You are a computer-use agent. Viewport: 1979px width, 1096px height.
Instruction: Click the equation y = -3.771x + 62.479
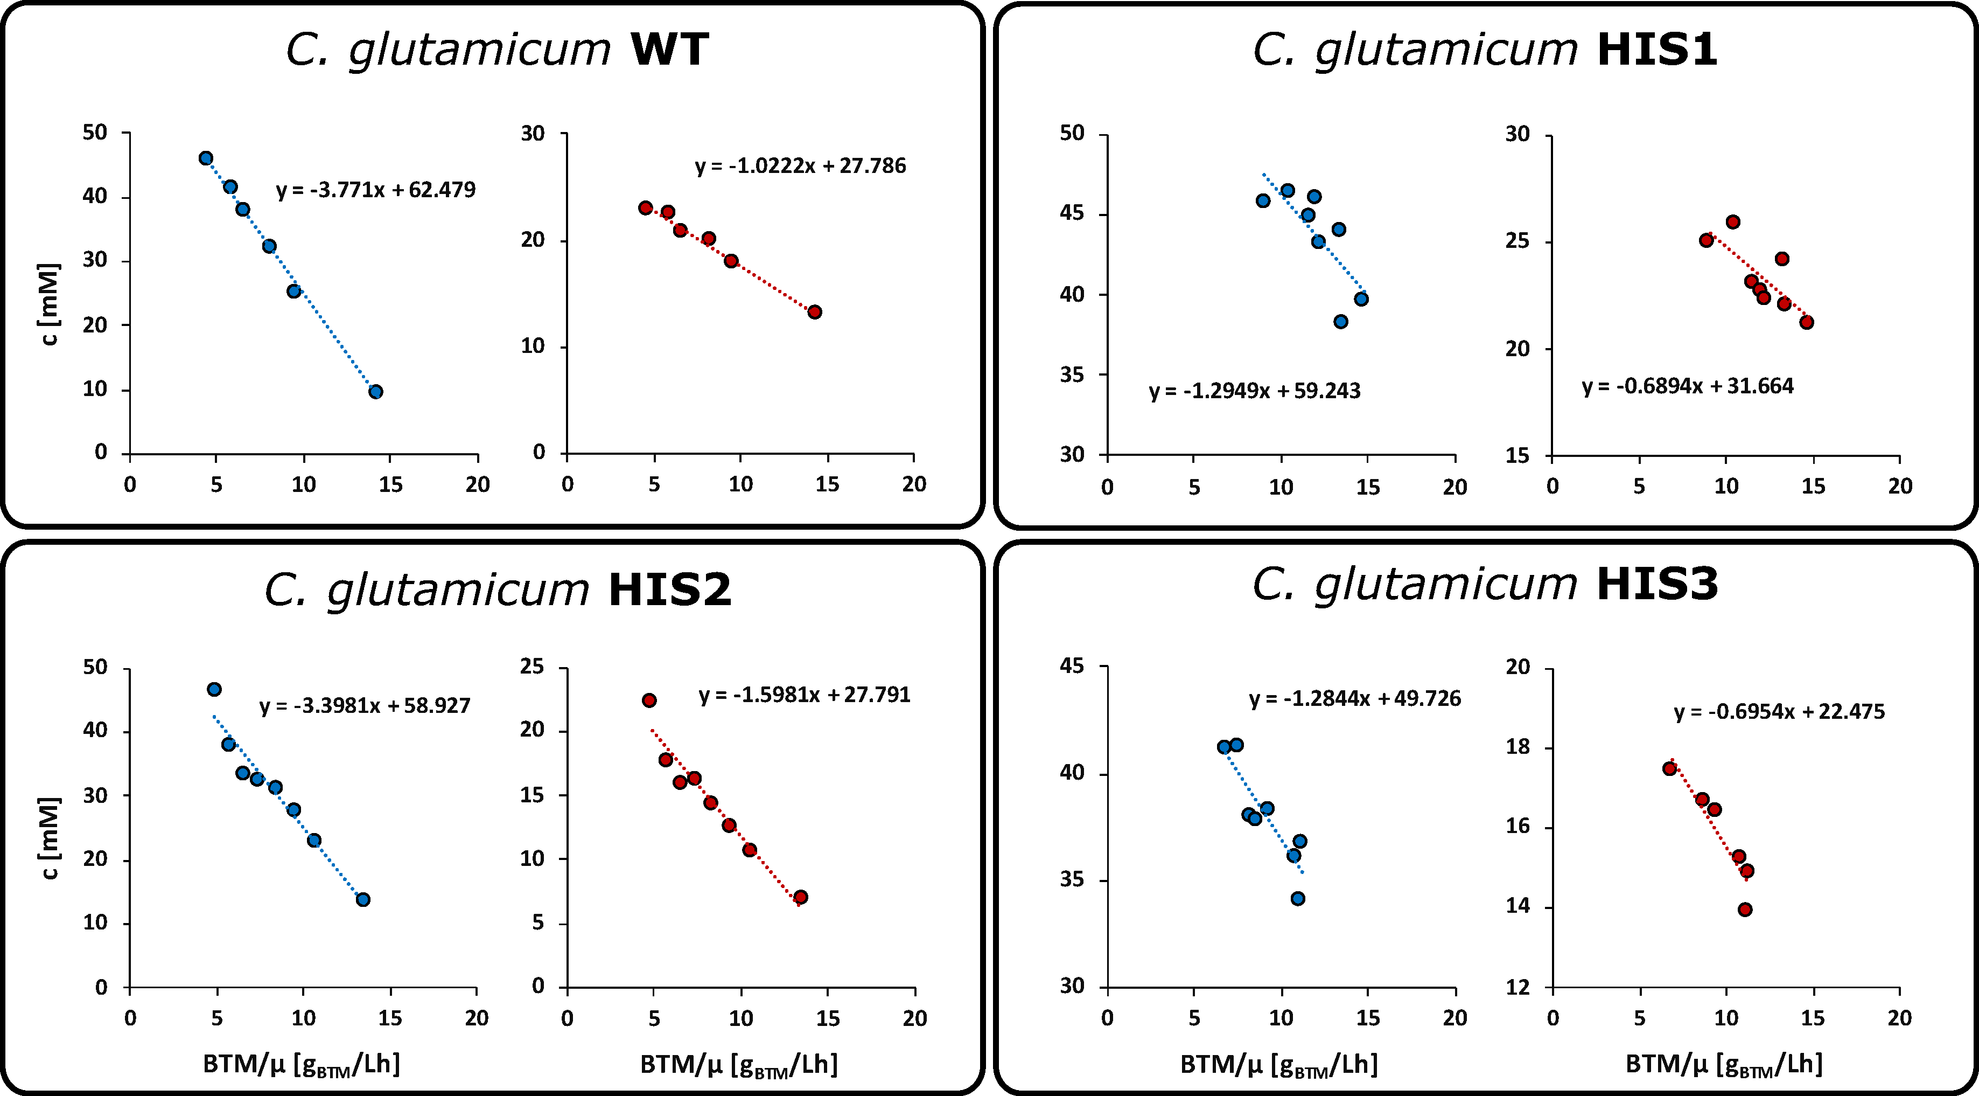376,190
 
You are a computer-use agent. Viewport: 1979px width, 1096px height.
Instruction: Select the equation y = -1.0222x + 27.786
801,166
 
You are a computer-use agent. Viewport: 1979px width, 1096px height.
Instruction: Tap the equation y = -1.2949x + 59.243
1255,391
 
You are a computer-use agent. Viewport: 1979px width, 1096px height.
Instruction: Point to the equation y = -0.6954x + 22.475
1779,712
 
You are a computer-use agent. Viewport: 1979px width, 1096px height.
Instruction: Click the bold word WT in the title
668,50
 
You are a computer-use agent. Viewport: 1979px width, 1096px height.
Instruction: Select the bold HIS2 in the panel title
670,590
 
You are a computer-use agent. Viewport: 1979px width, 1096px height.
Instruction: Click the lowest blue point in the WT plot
376,392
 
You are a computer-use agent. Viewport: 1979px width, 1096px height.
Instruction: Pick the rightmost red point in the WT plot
814,312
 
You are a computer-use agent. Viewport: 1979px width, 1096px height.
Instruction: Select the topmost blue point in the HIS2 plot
214,689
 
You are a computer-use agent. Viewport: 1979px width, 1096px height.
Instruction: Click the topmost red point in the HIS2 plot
649,700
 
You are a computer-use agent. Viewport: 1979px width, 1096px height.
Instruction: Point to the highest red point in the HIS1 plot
1733,222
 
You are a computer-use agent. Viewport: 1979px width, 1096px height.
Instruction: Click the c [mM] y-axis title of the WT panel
49,305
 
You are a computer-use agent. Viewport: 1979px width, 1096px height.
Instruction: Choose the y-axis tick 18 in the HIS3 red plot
1518,747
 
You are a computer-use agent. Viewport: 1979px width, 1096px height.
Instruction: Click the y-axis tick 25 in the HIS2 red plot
533,667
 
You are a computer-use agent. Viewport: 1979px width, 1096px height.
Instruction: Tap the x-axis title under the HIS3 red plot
1724,1065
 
